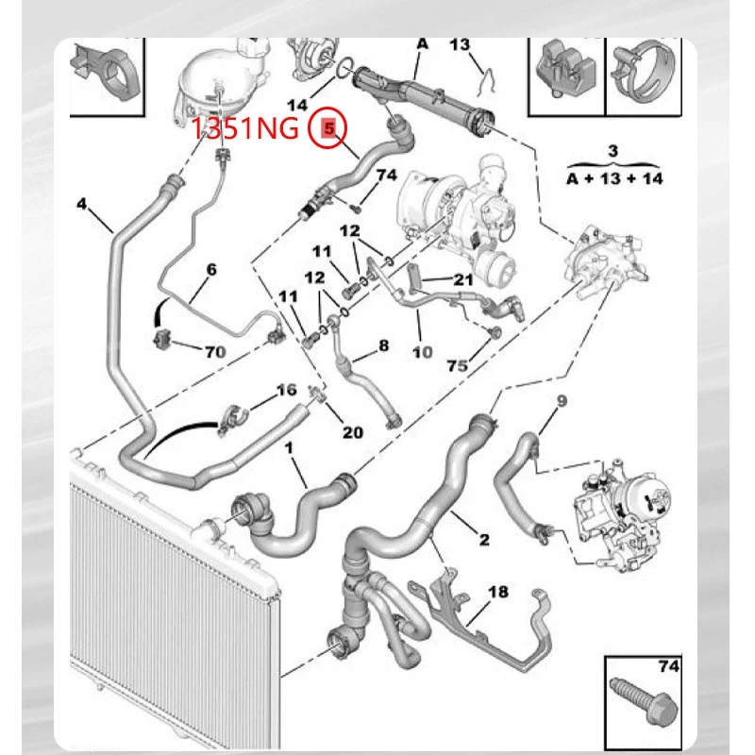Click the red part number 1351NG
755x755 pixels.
point(244,129)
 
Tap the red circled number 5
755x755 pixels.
point(327,128)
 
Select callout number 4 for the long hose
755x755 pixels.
point(82,204)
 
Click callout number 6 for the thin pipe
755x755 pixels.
point(211,269)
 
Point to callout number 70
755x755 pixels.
point(215,352)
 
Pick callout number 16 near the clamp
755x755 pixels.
point(286,390)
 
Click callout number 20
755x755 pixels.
point(352,432)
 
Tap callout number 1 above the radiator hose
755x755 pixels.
point(289,448)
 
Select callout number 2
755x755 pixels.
point(484,539)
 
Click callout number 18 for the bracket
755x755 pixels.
point(498,592)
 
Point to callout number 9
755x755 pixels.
point(562,400)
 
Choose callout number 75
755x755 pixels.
point(457,366)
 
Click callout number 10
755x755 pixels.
point(422,352)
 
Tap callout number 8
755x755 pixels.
point(383,345)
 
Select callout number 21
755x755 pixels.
point(463,279)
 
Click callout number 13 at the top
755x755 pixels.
point(460,44)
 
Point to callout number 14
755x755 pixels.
point(297,105)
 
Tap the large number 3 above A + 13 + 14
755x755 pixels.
point(612,151)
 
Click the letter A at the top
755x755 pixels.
point(422,43)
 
